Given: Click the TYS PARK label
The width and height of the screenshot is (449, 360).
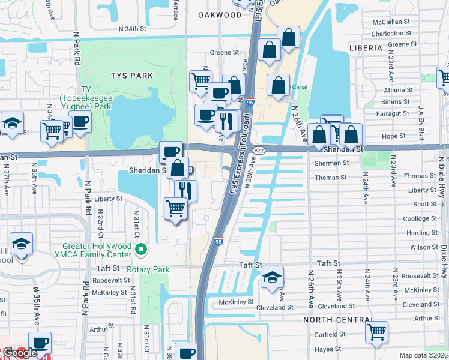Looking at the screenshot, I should point(131,76).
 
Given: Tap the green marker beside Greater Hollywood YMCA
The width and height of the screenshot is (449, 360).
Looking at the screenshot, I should point(141,249).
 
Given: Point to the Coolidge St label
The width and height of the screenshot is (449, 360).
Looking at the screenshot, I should point(420,219).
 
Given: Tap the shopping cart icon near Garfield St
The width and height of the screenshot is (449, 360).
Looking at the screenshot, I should point(376,332).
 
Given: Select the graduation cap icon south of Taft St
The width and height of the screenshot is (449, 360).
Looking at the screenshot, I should point(272,277).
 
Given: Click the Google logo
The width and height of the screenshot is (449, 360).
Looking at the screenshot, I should point(20,352).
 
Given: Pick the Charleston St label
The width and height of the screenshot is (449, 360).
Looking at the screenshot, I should point(391,34).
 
